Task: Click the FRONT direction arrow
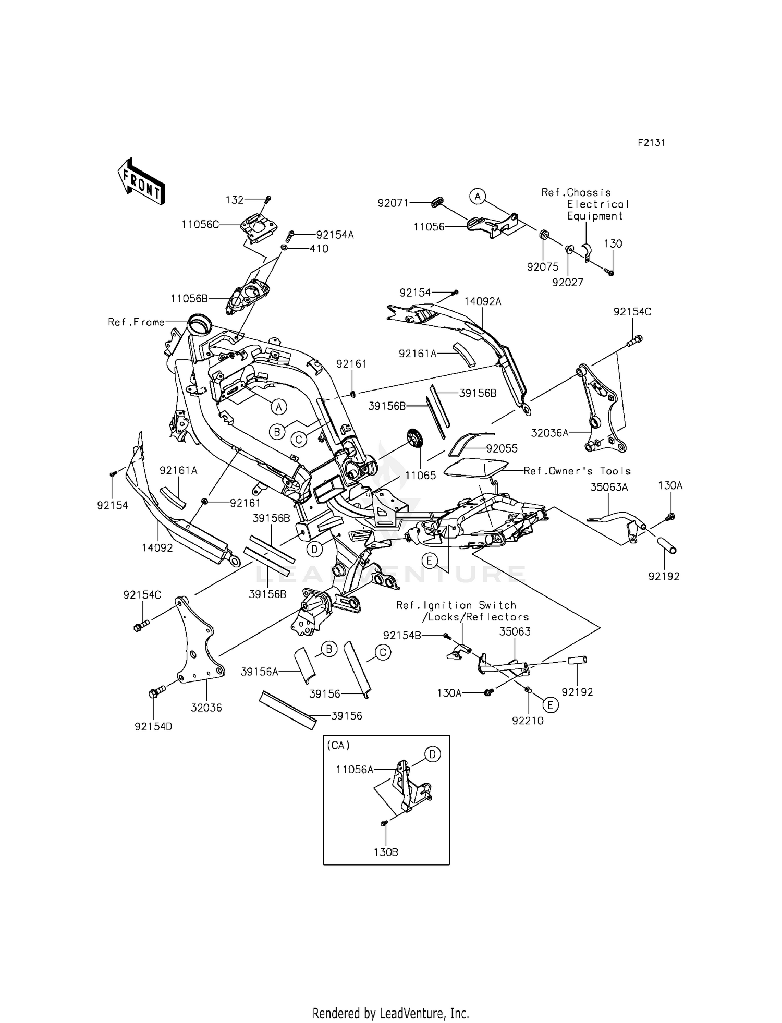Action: pyautogui.click(x=141, y=181)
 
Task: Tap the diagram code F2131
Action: pyautogui.click(x=651, y=143)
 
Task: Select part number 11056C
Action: pyautogui.click(x=201, y=225)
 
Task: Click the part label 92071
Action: pyautogui.click(x=394, y=203)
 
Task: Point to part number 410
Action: pyautogui.click(x=319, y=249)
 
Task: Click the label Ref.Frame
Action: pyautogui.click(x=136, y=322)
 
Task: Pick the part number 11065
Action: pyautogui.click(x=420, y=476)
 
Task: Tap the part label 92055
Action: pyautogui.click(x=502, y=448)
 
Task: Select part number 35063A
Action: pyautogui.click(x=609, y=487)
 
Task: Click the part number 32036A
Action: pyautogui.click(x=550, y=433)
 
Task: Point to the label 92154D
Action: pyautogui.click(x=153, y=726)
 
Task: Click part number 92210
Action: pyautogui.click(x=528, y=721)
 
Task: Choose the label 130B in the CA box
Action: pyautogui.click(x=386, y=852)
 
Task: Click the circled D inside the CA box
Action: pyautogui.click(x=432, y=754)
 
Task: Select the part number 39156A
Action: pyautogui.click(x=260, y=672)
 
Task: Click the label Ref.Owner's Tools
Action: pyautogui.click(x=577, y=471)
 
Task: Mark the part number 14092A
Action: pyautogui.click(x=483, y=301)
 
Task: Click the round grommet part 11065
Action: pyautogui.click(x=414, y=436)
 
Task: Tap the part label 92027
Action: pyautogui.click(x=568, y=283)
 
